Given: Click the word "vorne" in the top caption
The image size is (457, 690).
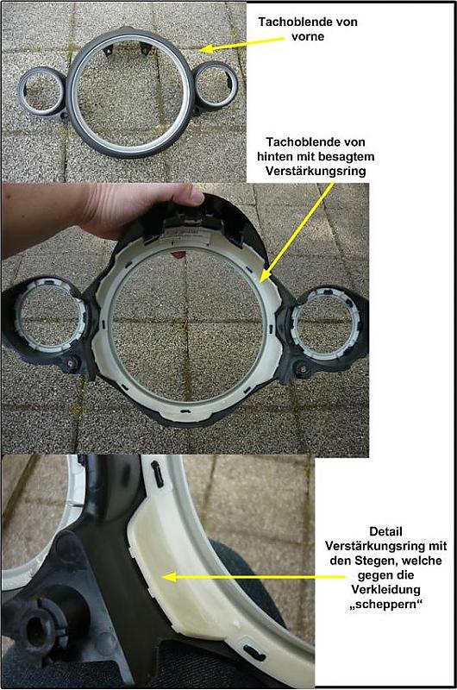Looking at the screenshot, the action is [x=308, y=36].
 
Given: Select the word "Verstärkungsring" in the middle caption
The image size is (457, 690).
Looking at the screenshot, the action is [x=316, y=171].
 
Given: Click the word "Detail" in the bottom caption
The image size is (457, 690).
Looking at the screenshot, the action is [x=385, y=531].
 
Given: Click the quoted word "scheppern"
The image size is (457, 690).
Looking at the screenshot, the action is [x=385, y=605].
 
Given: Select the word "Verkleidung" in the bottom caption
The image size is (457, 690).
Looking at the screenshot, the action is [x=385, y=590].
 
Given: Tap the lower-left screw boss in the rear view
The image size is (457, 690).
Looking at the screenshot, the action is [x=72, y=363].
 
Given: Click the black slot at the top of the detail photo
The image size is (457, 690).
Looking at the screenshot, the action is [x=157, y=474].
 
